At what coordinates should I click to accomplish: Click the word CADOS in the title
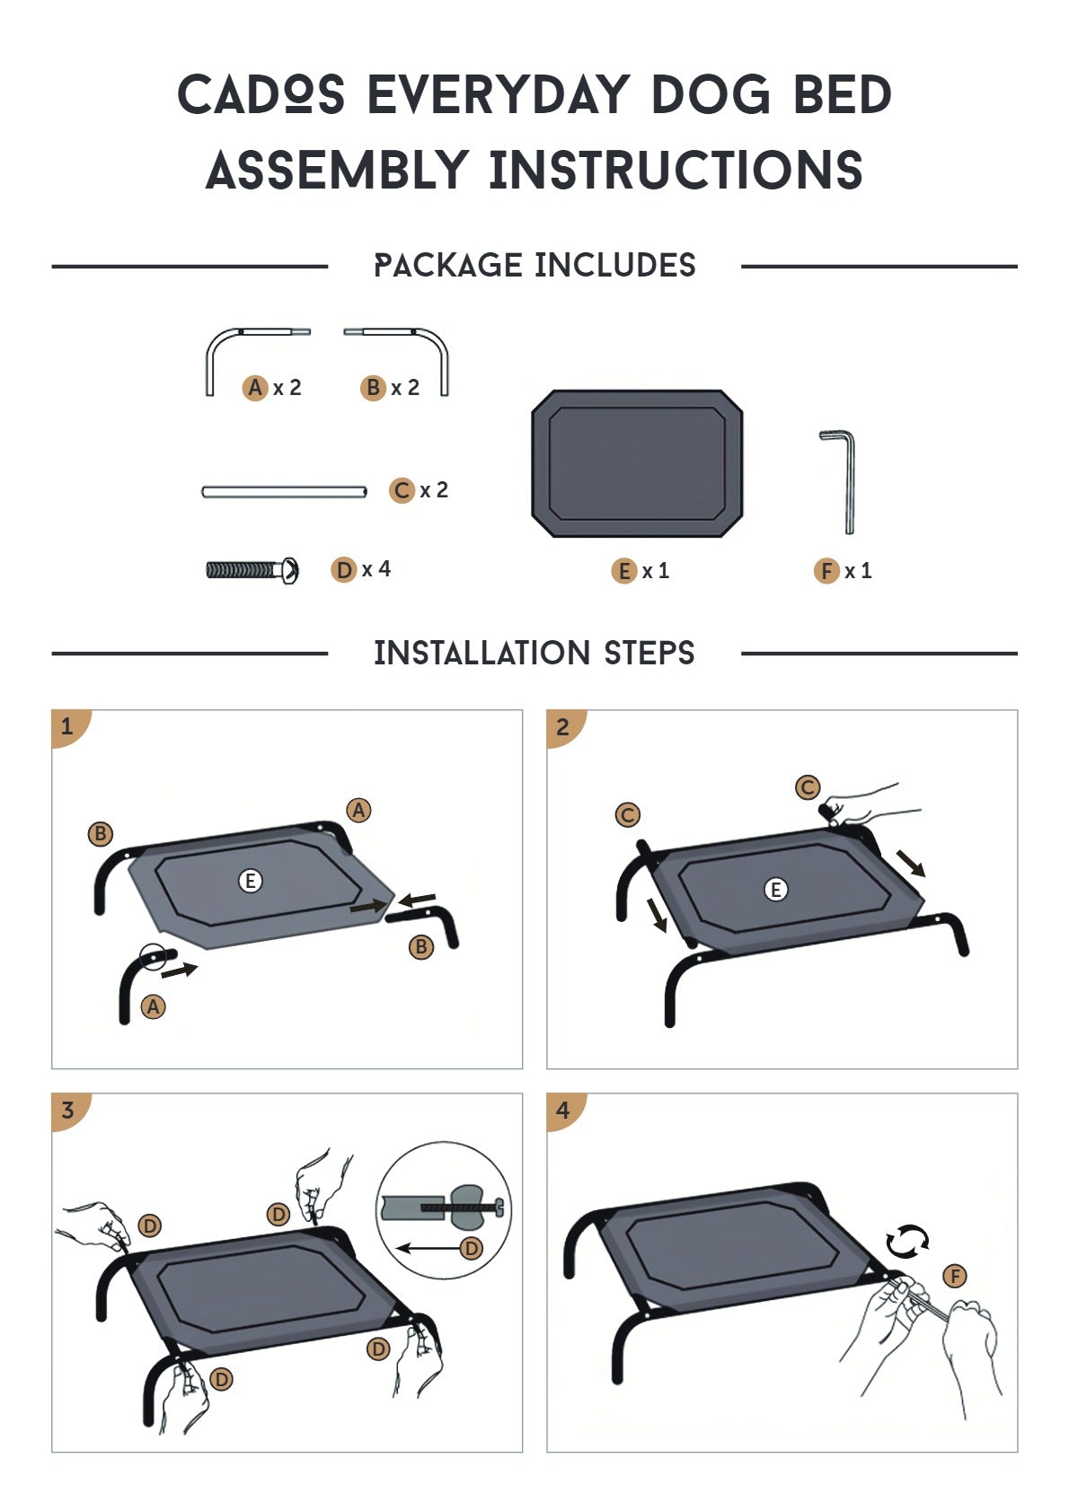tap(261, 94)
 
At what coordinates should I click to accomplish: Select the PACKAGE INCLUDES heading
tap(534, 265)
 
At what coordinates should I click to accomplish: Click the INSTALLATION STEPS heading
tap(534, 653)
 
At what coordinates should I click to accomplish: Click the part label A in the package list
tap(255, 387)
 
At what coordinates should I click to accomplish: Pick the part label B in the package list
tap(373, 387)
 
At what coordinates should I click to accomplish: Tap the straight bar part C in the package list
tap(284, 492)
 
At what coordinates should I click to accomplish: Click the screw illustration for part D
tap(252, 571)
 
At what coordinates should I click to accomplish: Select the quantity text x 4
tap(375, 569)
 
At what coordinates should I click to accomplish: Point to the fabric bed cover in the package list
tap(637, 462)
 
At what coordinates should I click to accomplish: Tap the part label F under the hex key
tap(826, 571)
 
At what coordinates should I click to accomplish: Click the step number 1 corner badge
tap(70, 727)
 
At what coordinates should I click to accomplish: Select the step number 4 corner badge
tap(566, 1111)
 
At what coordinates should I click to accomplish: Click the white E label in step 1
tap(251, 880)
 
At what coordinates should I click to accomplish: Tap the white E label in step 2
tap(775, 889)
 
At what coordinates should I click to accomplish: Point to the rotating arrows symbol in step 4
tap(907, 1241)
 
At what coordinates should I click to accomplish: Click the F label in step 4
tap(955, 1276)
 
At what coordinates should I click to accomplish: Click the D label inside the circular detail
tap(472, 1248)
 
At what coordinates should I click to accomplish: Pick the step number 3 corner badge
tap(70, 1111)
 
